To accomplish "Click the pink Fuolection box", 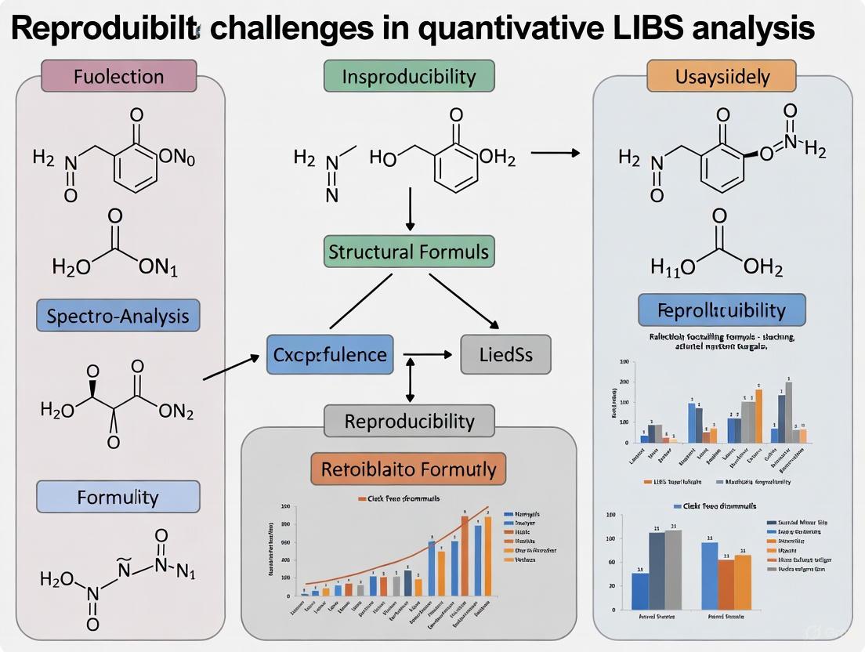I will pos(118,77).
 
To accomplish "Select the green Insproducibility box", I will pos(409,77).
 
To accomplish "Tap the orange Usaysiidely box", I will pos(721,77).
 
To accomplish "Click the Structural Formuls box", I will pos(409,252).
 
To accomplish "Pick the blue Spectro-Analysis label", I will pos(118,317).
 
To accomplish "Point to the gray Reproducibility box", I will pos(409,421).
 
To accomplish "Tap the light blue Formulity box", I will pos(118,497).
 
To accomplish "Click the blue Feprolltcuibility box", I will pos(722,310).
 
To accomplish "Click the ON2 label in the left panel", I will pos(176,412).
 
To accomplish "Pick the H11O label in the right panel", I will pos(673,269).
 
